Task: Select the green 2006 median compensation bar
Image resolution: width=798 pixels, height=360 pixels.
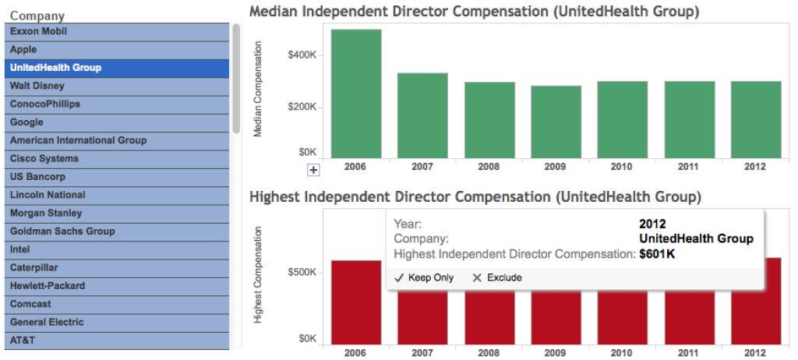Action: pyautogui.click(x=356, y=94)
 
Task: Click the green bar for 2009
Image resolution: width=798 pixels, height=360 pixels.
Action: pyautogui.click(x=556, y=122)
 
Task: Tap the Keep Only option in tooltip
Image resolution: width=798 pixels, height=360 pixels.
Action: pyautogui.click(x=424, y=278)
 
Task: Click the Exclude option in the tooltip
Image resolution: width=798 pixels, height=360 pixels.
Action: pyautogui.click(x=497, y=278)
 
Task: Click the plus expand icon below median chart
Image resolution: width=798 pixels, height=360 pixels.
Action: pyautogui.click(x=313, y=170)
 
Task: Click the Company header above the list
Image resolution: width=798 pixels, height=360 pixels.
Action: pyautogui.click(x=37, y=16)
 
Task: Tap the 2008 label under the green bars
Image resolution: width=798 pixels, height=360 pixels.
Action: pyautogui.click(x=489, y=167)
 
